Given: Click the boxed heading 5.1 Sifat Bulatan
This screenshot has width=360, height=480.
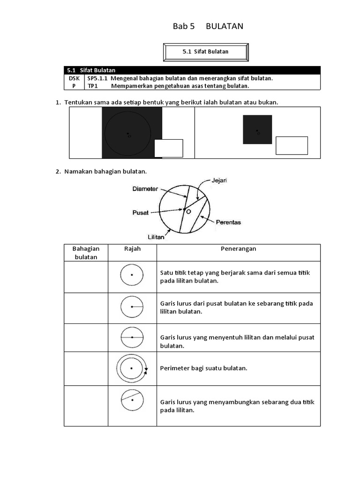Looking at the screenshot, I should point(205,52).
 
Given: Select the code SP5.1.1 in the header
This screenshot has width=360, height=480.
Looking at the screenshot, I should point(97,78).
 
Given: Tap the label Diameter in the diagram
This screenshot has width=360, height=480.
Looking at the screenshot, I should point(145,189).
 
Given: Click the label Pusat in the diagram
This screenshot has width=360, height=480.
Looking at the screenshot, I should point(140,212).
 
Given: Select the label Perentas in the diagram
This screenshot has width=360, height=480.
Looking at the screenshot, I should point(228,222).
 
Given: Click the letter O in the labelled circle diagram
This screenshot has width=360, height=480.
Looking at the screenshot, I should point(188,212).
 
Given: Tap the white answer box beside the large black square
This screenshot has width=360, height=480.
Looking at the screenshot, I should point(168,148).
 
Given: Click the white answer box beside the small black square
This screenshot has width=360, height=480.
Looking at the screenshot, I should point(292,145).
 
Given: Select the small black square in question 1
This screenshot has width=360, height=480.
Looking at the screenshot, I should point(257,129).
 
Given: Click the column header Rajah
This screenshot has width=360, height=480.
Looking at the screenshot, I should point(132,249).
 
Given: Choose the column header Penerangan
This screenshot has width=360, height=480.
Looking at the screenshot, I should point(238,249).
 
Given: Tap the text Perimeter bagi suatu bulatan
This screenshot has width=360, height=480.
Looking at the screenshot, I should point(203,368).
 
